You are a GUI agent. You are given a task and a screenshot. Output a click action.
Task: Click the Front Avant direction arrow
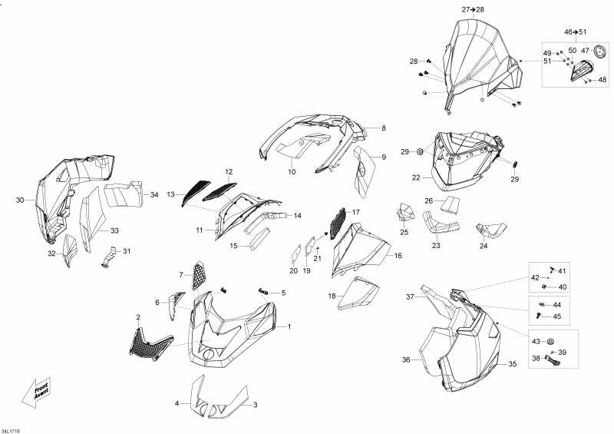point(36,392)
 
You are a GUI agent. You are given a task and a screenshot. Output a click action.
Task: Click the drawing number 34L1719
point(10,431)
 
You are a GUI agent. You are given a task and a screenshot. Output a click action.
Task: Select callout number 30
point(20,200)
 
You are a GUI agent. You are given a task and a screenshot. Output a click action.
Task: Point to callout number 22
point(416,177)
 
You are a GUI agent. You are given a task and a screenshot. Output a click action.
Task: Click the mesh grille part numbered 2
point(150,345)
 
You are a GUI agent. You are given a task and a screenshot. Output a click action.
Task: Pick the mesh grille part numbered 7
point(199,276)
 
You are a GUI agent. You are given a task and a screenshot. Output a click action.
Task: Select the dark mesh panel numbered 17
point(338,223)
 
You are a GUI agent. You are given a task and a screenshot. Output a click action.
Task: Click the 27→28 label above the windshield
point(473,10)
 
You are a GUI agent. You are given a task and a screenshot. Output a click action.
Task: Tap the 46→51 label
point(575,31)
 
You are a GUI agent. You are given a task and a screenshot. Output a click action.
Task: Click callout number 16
point(398,256)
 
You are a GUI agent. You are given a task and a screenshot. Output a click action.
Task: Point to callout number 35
point(513,364)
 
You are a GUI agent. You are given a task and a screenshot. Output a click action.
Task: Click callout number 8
point(384,128)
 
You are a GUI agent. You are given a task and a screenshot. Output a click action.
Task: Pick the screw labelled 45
point(540,316)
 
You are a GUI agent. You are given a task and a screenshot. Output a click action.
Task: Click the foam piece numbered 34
point(124,194)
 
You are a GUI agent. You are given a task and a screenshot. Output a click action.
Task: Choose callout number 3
point(256,405)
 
